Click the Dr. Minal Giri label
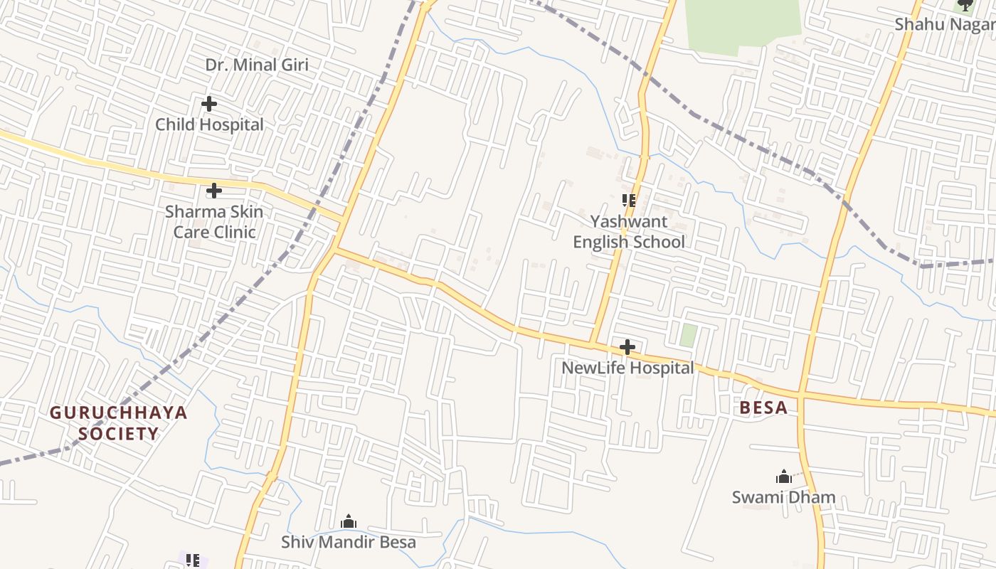tap(257, 65)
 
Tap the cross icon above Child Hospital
tap(209, 104)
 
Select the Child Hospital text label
tap(209, 124)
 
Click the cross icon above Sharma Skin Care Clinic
tap(214, 191)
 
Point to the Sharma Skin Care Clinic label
tap(214, 222)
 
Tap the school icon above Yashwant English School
tap(628, 201)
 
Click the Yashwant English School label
tap(629, 232)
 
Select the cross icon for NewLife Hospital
tap(627, 347)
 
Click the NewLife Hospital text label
tap(627, 368)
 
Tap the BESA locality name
tap(763, 408)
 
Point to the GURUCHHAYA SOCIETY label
tap(119, 423)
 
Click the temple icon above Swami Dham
tap(783, 477)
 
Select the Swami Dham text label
tap(783, 497)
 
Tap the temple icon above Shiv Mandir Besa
tap(349, 521)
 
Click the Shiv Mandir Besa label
tap(349, 542)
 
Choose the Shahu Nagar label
tap(944, 24)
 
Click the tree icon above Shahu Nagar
tap(965, 5)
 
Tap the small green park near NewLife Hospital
tap(687, 335)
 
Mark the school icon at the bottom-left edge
tap(193, 560)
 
